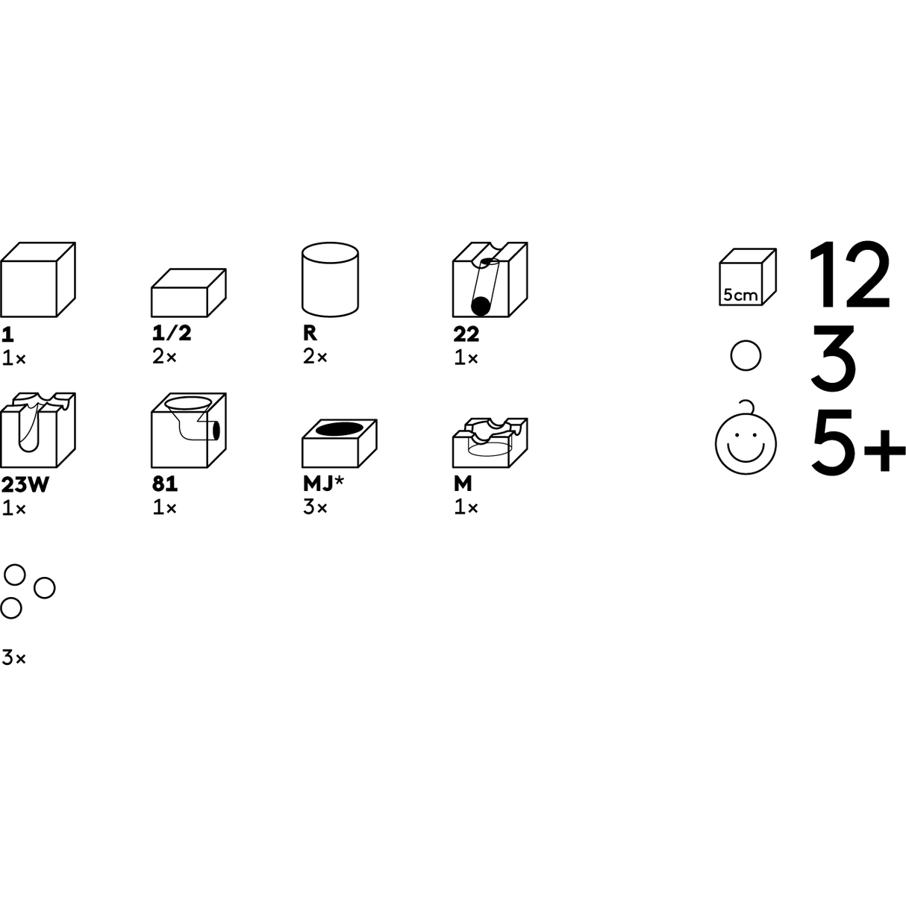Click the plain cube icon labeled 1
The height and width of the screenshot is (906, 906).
click(37, 279)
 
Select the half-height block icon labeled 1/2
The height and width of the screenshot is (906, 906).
click(189, 293)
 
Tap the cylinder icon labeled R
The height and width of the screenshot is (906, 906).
click(330, 279)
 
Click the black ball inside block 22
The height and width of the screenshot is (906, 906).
click(480, 306)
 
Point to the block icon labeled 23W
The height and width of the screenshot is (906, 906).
click(37, 430)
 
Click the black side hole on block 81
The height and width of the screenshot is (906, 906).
click(216, 430)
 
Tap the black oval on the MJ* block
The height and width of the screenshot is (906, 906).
click(339, 429)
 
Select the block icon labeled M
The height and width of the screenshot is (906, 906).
click(490, 443)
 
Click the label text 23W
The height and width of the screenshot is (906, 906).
click(25, 484)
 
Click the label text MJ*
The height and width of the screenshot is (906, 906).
click(323, 484)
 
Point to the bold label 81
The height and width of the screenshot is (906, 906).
click(165, 484)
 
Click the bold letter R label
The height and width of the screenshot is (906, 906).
click(310, 333)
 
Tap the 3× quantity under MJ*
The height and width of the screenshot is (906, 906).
click(315, 507)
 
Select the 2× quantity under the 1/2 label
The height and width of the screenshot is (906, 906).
click(164, 357)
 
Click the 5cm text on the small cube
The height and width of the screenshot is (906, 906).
click(740, 295)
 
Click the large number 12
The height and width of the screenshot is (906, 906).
click(849, 275)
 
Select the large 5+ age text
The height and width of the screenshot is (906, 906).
click(858, 440)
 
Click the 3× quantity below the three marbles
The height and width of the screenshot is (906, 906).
click(13, 657)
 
